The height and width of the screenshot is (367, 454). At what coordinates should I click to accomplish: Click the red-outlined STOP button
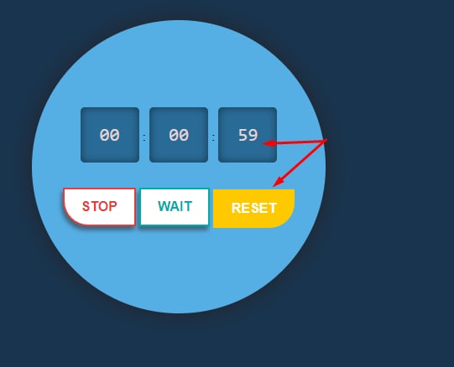(99, 206)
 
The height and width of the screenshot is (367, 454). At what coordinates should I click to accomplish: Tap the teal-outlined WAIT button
(175, 206)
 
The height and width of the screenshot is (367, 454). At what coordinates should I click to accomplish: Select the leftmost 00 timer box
(110, 135)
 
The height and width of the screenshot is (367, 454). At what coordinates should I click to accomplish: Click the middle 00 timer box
(179, 135)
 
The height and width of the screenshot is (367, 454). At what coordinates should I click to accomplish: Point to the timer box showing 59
(248, 135)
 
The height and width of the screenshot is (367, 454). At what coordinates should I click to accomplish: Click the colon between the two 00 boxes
(144, 138)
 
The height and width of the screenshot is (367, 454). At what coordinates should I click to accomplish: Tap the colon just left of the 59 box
(213, 138)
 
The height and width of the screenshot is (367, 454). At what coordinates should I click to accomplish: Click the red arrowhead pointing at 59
(268, 143)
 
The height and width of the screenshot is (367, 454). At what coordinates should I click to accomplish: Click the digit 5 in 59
(243, 135)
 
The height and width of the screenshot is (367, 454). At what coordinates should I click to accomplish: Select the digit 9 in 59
(253, 135)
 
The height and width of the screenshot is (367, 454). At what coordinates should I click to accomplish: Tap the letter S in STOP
(86, 206)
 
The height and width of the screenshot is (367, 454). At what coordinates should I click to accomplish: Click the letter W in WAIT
(164, 206)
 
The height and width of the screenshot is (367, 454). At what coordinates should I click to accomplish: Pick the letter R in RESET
(236, 208)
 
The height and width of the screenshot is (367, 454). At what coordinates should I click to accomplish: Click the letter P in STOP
(113, 206)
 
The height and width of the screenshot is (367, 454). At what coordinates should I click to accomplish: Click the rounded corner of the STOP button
(70, 218)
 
